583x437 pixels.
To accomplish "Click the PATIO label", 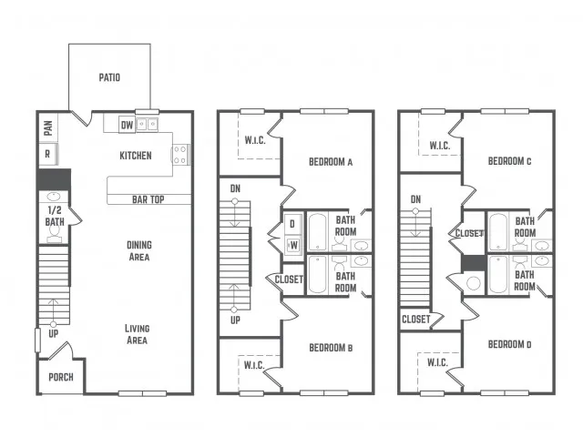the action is [x=109, y=77].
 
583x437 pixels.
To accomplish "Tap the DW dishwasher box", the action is [x=127, y=125].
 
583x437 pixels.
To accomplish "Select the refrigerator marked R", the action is [x=48, y=154].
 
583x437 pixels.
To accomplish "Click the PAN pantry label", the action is [x=48, y=128].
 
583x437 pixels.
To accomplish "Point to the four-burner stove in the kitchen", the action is [x=180, y=155].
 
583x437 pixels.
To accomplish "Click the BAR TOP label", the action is [x=148, y=199].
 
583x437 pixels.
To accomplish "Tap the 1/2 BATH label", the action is [x=55, y=216].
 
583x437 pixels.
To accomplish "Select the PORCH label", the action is [x=61, y=377].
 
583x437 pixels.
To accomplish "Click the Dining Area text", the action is [x=139, y=251].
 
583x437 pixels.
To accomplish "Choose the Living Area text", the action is [x=137, y=334].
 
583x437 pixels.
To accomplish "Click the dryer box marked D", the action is [x=292, y=224].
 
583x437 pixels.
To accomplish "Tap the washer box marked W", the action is [x=293, y=245].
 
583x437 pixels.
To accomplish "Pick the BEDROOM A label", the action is [x=331, y=162].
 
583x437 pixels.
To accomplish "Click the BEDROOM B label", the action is [x=331, y=348].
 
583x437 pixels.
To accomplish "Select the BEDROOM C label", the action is [x=509, y=161].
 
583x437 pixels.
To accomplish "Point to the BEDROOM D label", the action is [x=509, y=344].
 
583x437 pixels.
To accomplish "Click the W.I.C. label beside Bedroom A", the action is [x=255, y=140].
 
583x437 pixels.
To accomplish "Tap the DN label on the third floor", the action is [x=415, y=199].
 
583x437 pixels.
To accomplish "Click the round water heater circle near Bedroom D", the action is [x=474, y=283].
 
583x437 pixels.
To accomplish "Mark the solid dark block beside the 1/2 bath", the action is [x=54, y=179].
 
